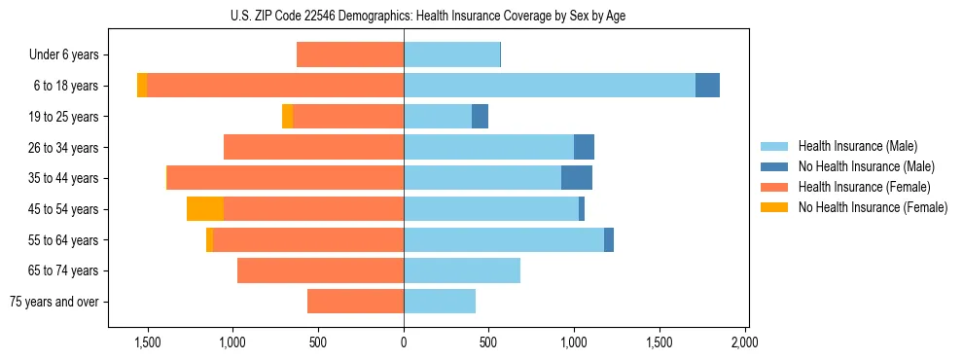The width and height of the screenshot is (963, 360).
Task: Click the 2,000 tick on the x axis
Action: tap(744, 342)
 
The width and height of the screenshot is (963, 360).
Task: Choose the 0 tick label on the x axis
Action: tap(404, 342)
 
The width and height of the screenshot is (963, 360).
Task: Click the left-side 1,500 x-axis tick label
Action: tap(148, 342)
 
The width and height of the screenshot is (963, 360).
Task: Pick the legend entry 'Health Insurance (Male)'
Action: tap(857, 146)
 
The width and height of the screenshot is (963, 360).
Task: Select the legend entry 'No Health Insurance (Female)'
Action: tap(873, 207)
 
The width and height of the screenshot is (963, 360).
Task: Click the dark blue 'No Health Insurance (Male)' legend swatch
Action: tap(775, 166)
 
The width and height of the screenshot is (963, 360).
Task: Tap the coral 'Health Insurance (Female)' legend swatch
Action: tap(775, 187)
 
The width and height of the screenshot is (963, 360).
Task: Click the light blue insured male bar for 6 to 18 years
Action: tap(550, 86)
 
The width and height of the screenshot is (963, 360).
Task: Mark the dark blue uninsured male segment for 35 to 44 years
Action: tap(577, 178)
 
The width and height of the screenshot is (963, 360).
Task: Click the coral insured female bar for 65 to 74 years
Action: tap(320, 270)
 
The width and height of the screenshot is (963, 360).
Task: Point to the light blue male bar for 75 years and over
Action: tap(440, 302)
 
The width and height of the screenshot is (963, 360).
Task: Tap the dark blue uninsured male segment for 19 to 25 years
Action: tap(480, 117)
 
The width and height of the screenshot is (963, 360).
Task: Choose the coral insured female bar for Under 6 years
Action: tap(350, 55)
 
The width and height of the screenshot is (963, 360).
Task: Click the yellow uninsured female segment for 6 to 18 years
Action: tap(142, 86)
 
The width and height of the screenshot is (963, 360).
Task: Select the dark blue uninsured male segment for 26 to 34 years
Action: tap(584, 147)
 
